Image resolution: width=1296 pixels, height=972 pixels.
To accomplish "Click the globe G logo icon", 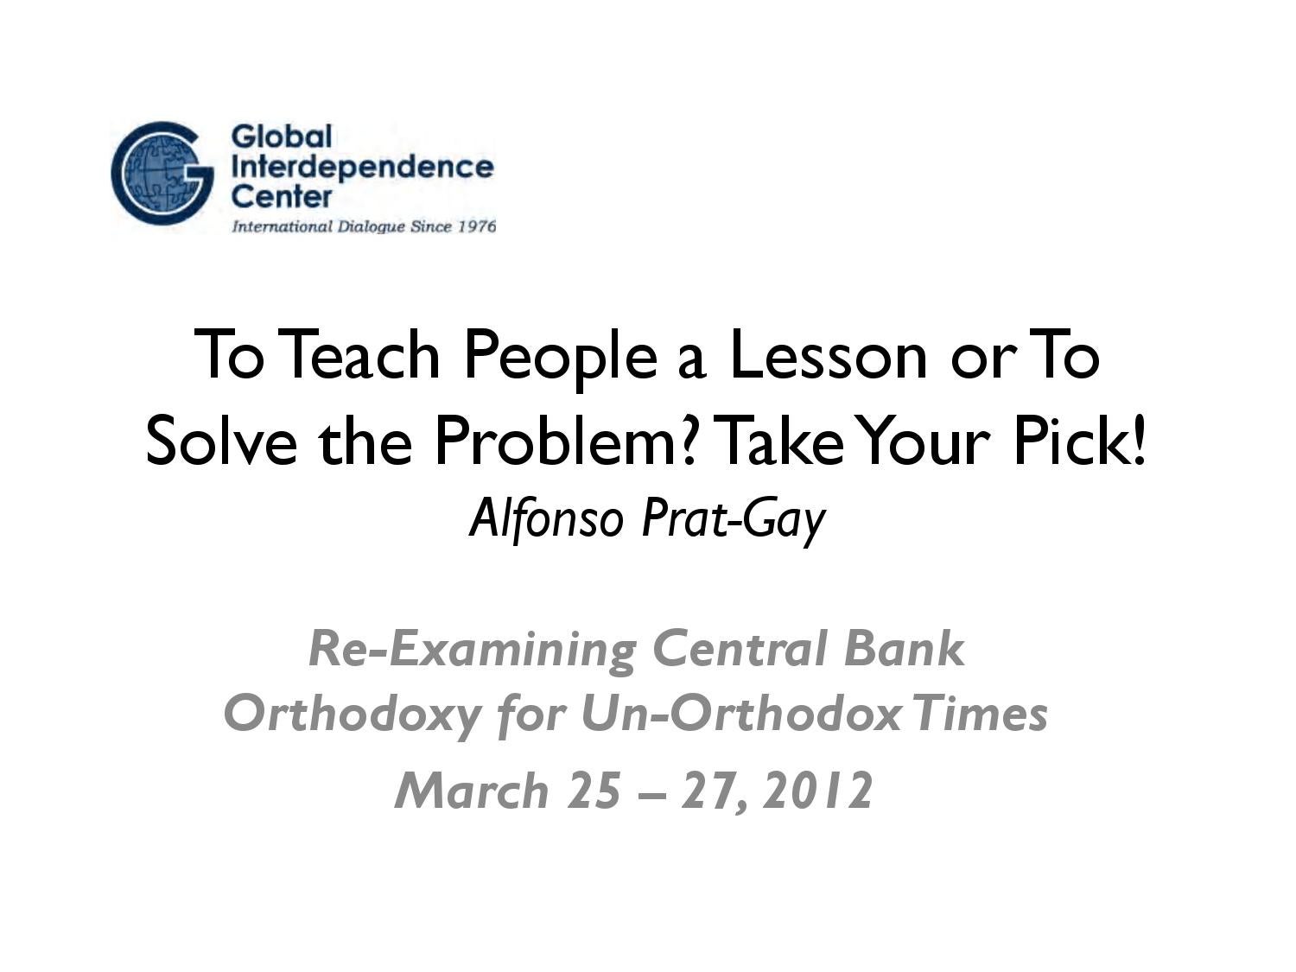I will pos(162,173).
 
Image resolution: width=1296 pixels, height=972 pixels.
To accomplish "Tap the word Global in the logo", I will pos(282,137).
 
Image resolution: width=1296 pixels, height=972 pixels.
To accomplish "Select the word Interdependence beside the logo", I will pos(363,166).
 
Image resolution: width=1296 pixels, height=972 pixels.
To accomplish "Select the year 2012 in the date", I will pos(818,791).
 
